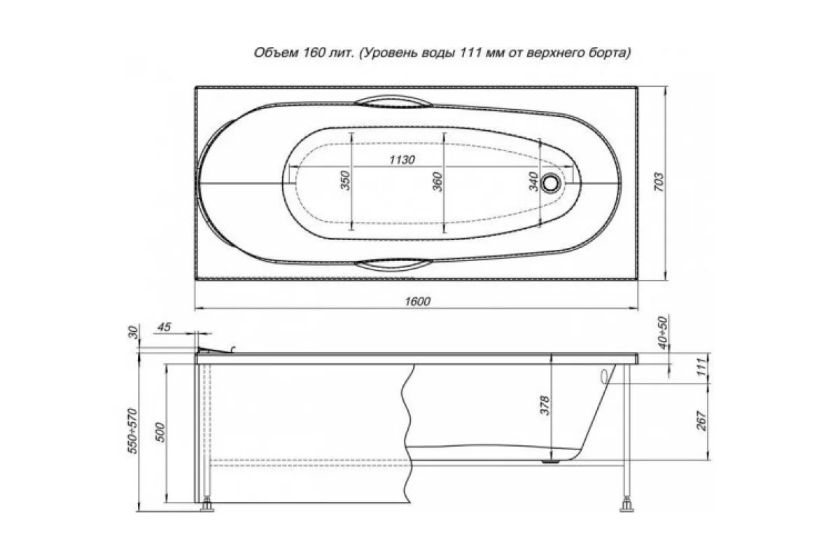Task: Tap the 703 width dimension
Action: pos(659,182)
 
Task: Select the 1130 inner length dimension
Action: pos(402,160)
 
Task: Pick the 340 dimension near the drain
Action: pos(533,182)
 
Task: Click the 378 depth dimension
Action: pos(545,406)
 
